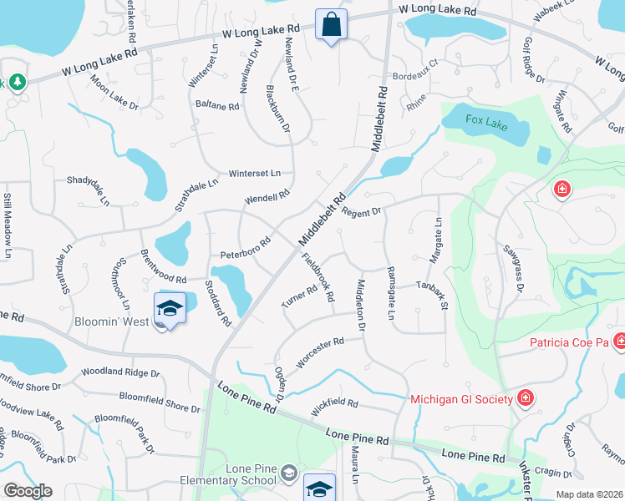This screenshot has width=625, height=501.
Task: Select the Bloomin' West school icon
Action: pos(170,309)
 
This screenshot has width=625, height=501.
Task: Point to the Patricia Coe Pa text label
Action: pos(571,342)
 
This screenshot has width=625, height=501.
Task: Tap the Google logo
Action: pos(28,491)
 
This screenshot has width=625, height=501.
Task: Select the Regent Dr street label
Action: pos(361,212)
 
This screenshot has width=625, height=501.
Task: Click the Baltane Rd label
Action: pos(217,106)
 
